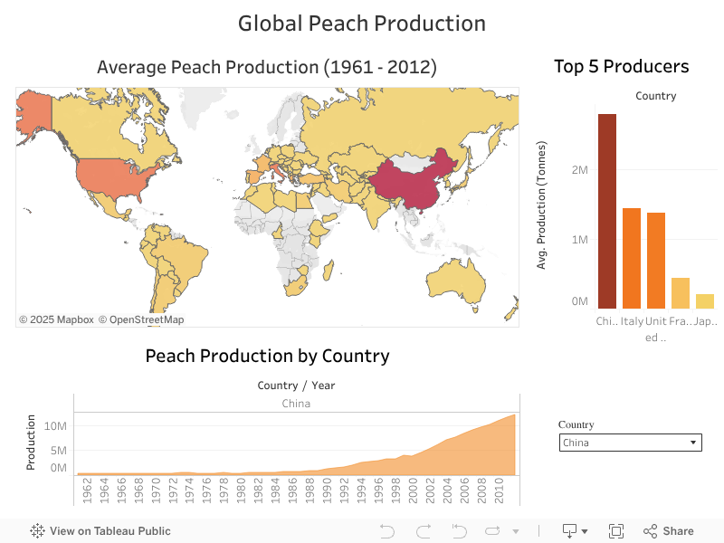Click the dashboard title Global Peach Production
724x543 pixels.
coord(361,24)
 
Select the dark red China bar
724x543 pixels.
coord(606,210)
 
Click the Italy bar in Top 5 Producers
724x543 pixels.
coord(632,258)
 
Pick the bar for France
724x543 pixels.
coord(681,292)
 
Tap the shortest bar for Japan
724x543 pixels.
coord(705,300)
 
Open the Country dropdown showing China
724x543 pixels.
coord(632,443)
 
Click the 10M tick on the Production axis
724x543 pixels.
coord(55,425)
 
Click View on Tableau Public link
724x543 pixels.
coord(100,531)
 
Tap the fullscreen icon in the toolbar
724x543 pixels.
coord(616,531)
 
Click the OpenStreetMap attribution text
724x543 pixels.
coord(141,319)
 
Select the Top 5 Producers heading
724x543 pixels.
coord(621,66)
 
